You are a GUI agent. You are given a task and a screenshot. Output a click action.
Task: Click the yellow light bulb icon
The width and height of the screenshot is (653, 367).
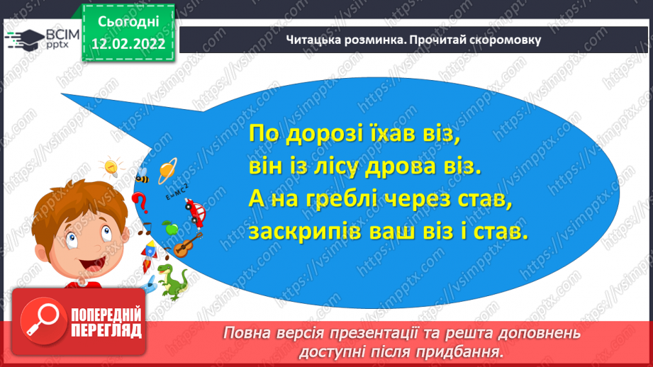pos(111,167)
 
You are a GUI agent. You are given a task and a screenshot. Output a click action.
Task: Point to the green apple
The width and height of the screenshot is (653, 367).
pos(169,228)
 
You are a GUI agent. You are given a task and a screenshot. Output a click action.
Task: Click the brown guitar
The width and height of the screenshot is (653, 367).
pos(187,245)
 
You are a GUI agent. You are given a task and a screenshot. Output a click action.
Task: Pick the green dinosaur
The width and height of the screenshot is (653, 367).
pos(171,281)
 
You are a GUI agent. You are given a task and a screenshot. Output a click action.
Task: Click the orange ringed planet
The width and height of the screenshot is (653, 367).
pos(167,170)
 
